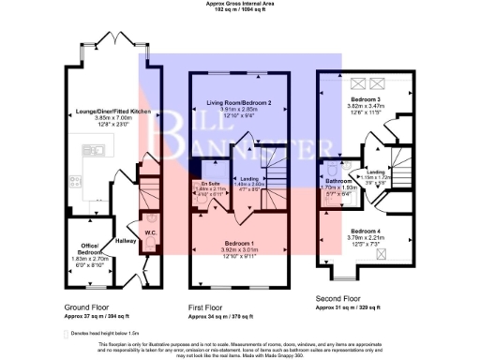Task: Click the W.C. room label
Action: pyautogui.click(x=149, y=232)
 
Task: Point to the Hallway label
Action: pyautogui.click(x=126, y=240)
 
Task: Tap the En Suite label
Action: pyautogui.click(x=208, y=183)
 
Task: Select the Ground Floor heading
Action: pyautogui.click(x=88, y=307)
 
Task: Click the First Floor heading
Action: pyautogui.click(x=212, y=307)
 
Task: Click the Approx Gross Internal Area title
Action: pyautogui.click(x=240, y=4)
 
